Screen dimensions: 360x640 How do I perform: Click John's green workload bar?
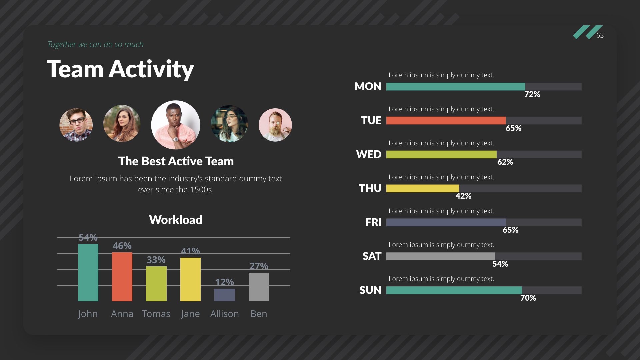(x=88, y=273)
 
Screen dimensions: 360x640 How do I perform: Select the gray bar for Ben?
(x=259, y=287)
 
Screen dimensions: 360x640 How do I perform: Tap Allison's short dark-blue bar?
(x=224, y=295)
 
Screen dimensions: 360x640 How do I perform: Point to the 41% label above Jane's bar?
(x=190, y=251)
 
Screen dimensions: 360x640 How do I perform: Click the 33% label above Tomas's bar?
(x=156, y=260)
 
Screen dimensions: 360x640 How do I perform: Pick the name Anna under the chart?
(x=122, y=314)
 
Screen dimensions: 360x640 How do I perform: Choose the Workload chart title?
(x=176, y=220)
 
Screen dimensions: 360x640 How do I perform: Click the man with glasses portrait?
(x=76, y=125)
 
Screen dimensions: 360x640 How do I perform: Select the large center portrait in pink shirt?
(x=176, y=125)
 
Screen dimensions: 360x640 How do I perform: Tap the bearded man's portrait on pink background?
(x=275, y=125)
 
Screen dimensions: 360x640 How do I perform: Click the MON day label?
(x=368, y=87)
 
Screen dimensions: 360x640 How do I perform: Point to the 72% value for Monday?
(x=532, y=94)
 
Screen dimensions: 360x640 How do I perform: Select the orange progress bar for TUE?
(x=446, y=121)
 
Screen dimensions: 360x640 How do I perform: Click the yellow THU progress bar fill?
(x=422, y=189)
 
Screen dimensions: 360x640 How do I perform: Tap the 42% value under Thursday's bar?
(x=463, y=196)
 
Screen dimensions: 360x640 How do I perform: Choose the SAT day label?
(x=372, y=256)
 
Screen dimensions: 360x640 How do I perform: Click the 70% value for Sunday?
(x=528, y=298)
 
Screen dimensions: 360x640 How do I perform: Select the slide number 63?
(x=600, y=35)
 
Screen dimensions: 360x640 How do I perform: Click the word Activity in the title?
(x=151, y=69)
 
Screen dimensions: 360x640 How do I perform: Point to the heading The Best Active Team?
(x=176, y=161)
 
